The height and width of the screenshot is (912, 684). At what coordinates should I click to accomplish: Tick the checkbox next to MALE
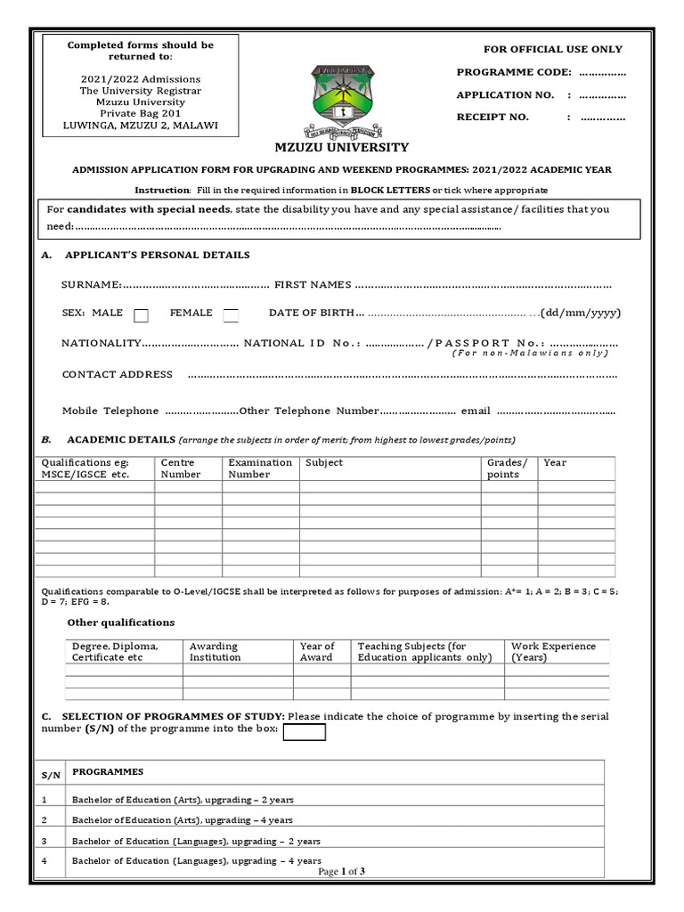pyautogui.click(x=141, y=314)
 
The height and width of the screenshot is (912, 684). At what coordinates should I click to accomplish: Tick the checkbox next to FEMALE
pyautogui.click(x=231, y=314)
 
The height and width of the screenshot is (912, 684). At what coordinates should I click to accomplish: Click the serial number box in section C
pyautogui.click(x=304, y=732)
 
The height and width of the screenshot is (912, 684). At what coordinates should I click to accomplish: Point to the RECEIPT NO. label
pyautogui.click(x=493, y=117)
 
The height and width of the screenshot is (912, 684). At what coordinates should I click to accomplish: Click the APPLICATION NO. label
pyautogui.click(x=505, y=94)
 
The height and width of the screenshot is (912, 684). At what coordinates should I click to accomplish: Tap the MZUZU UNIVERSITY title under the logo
pyautogui.click(x=341, y=148)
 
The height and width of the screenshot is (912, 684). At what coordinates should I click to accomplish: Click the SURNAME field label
pyautogui.click(x=91, y=284)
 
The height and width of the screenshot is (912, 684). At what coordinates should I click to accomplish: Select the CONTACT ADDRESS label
pyautogui.click(x=117, y=374)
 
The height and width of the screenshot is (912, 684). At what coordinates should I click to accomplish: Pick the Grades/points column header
pyautogui.click(x=507, y=468)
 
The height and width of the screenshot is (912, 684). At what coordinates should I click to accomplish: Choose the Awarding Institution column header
pyautogui.click(x=215, y=652)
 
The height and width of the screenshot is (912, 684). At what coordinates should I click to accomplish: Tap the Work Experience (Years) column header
pyautogui.click(x=553, y=652)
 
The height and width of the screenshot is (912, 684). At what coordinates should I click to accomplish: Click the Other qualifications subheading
pyautogui.click(x=121, y=622)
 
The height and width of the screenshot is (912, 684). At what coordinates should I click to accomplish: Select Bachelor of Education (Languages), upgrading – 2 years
pyautogui.click(x=196, y=841)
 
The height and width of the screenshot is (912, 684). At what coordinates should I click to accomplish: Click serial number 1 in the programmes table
pyautogui.click(x=44, y=800)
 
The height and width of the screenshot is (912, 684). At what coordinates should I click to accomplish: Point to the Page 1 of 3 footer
pyautogui.click(x=341, y=872)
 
